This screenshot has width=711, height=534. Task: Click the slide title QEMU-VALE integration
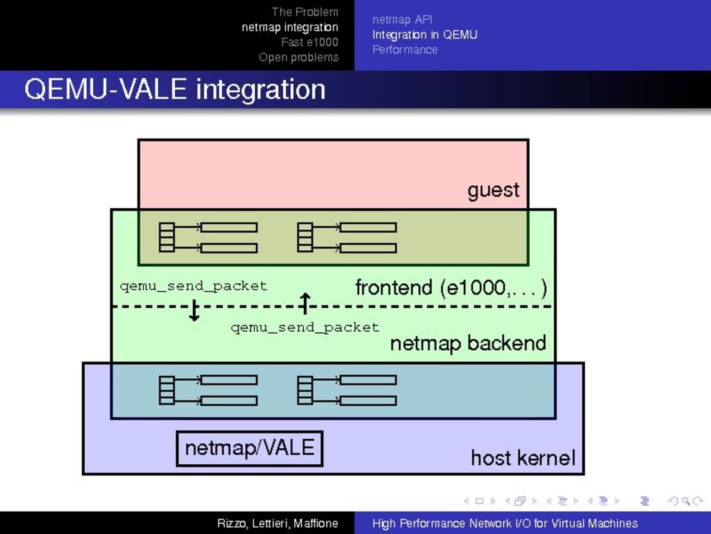click(x=175, y=89)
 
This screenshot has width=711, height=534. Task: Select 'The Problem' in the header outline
click(x=305, y=12)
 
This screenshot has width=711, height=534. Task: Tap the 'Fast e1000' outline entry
click(x=310, y=42)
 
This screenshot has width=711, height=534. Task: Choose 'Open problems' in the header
click(x=299, y=58)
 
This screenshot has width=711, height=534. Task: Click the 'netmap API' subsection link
click(x=402, y=20)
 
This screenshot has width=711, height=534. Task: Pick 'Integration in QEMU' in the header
click(x=425, y=35)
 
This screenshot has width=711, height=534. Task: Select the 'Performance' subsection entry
click(x=405, y=50)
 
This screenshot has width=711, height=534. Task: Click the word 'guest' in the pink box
click(x=493, y=190)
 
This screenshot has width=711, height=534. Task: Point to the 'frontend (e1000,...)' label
click(x=451, y=288)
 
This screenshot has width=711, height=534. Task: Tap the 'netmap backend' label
click(x=468, y=344)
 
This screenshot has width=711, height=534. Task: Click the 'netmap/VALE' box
click(x=250, y=448)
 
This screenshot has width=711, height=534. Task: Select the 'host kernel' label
click(x=523, y=458)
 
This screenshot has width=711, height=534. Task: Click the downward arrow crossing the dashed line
click(x=194, y=310)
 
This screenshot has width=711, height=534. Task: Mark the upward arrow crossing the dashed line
click(x=305, y=304)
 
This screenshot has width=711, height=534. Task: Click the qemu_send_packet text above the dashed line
click(x=194, y=286)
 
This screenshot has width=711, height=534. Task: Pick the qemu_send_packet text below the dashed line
click(x=305, y=328)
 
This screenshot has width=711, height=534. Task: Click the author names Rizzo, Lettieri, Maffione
click(x=278, y=523)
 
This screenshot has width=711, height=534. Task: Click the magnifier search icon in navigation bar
click(x=686, y=501)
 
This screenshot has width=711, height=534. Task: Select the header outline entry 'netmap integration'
click(x=290, y=27)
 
